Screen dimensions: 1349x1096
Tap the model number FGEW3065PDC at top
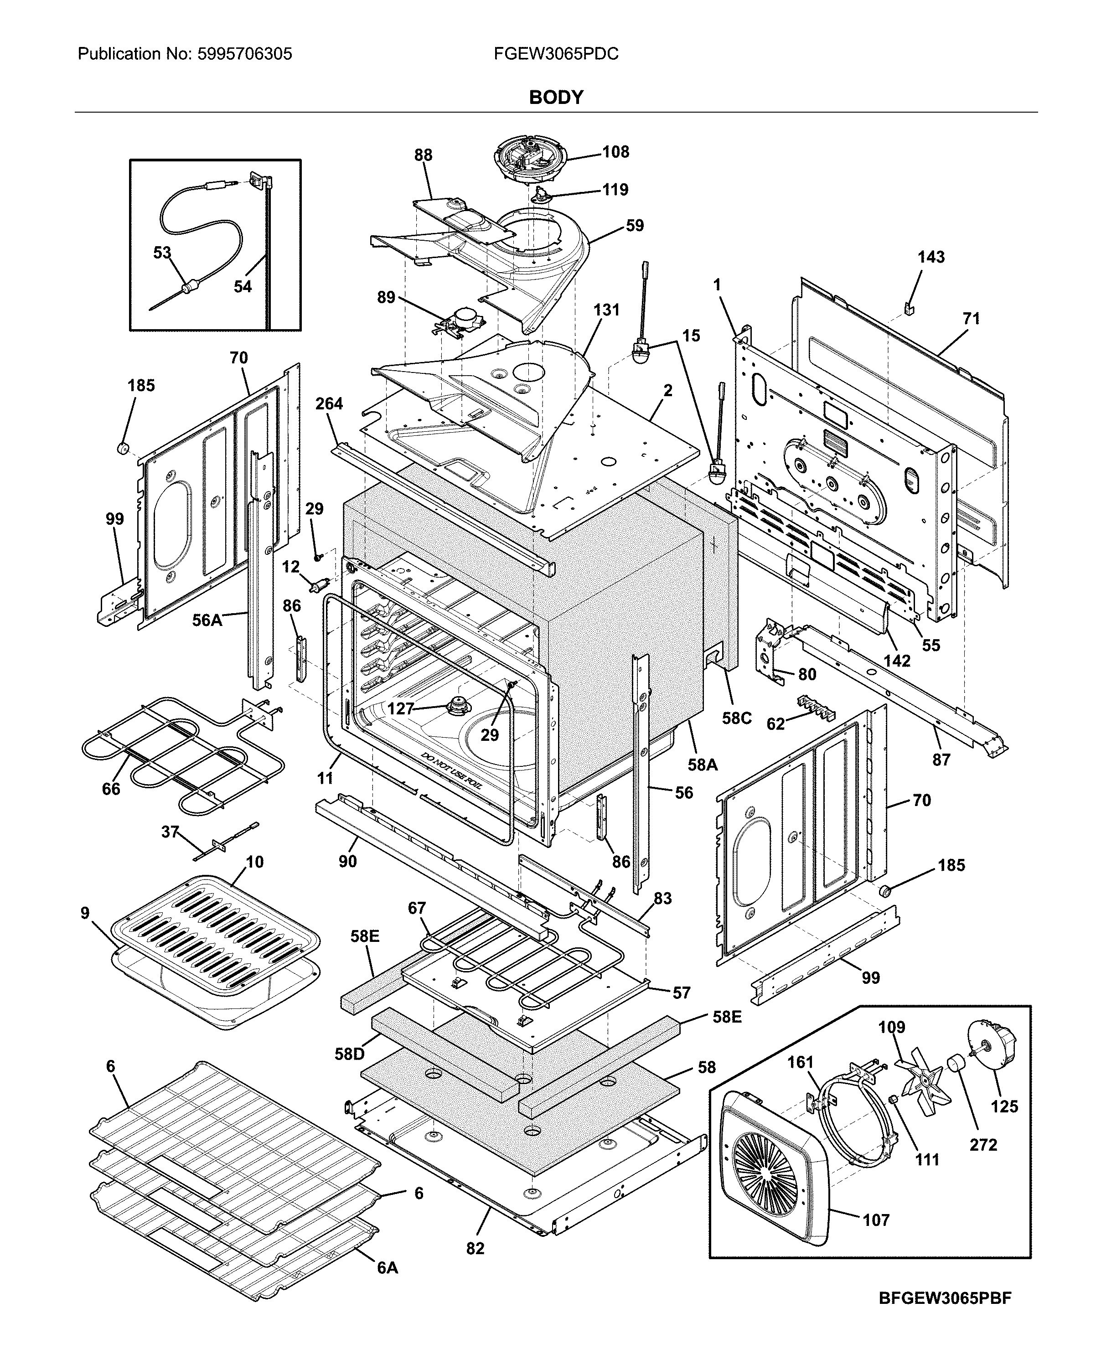pyautogui.click(x=556, y=54)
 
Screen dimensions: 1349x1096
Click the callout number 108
pyautogui.click(x=615, y=152)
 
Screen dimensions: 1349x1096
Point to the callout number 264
pyautogui.click(x=329, y=403)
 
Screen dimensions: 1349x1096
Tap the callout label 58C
pyautogui.click(x=737, y=719)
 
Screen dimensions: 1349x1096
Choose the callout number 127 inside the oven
pyautogui.click(x=400, y=709)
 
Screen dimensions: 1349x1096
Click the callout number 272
pyautogui.click(x=983, y=1144)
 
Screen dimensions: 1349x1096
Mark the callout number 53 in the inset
pyautogui.click(x=162, y=253)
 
